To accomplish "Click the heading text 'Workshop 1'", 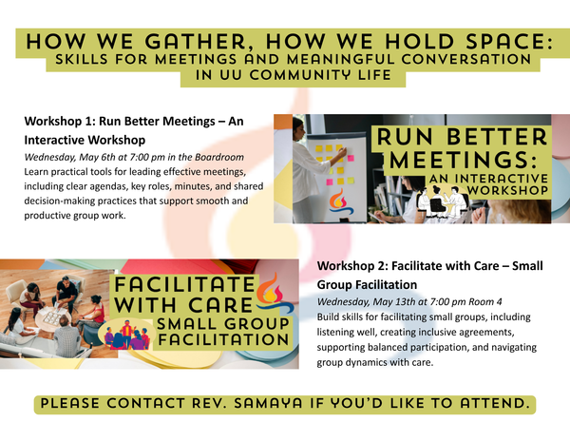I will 59,122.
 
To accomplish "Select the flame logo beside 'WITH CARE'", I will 272,290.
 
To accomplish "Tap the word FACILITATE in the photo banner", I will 185,286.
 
